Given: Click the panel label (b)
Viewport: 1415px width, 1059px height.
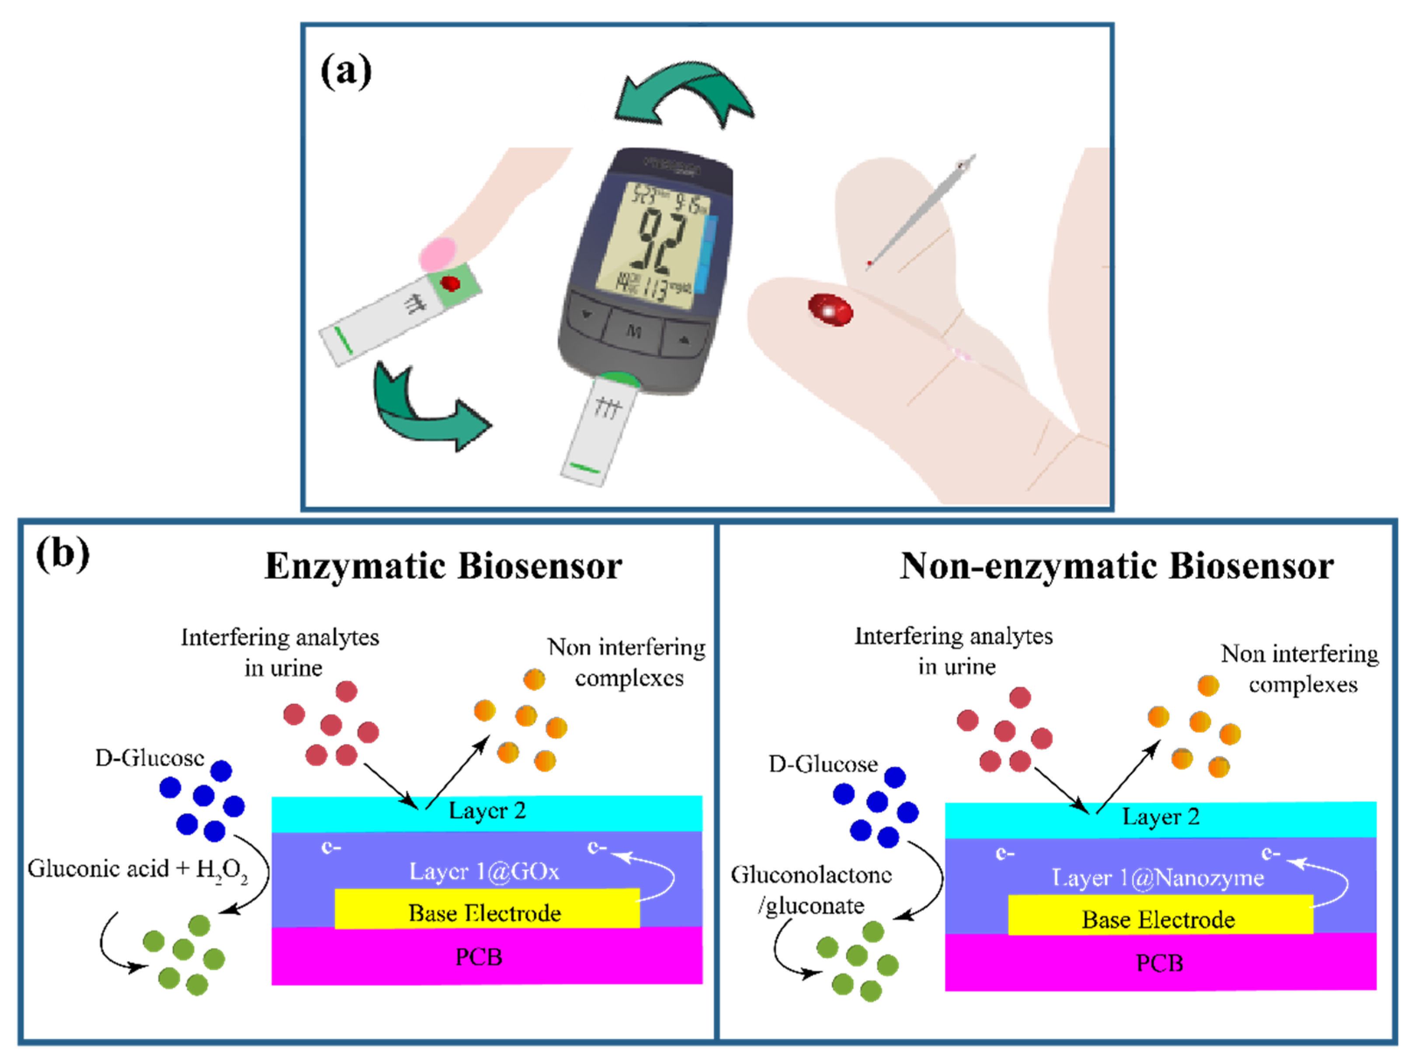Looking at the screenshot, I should click(x=63, y=554).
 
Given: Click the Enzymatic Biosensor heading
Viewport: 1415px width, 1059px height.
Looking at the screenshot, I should click(x=443, y=566).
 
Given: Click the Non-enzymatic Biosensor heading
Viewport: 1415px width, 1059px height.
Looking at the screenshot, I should click(x=1116, y=566).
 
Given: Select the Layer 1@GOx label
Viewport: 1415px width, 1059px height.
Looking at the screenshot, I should click(x=484, y=871).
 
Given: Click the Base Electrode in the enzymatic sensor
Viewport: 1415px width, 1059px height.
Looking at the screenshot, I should click(x=485, y=913).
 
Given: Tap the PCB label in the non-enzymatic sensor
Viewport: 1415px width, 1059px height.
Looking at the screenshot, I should click(x=1159, y=963).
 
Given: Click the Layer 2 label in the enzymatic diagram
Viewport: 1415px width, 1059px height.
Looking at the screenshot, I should click(x=487, y=811).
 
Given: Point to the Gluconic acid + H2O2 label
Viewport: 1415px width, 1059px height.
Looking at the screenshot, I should click(x=138, y=869).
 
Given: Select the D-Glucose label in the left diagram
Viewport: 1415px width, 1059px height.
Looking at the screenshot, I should click(x=149, y=758).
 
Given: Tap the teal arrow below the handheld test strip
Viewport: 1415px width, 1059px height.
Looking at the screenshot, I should click(x=425, y=410).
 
